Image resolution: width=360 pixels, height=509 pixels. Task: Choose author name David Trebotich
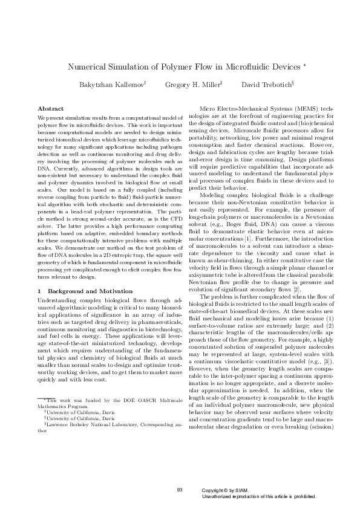(266, 85)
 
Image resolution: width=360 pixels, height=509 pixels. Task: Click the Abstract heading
(51, 108)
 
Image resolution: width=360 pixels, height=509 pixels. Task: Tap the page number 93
(180, 488)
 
